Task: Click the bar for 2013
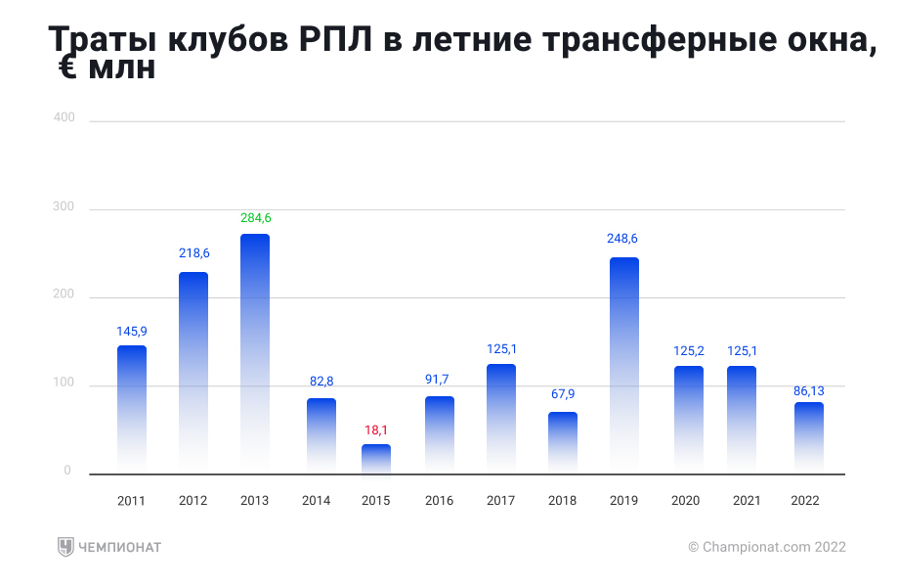(x=255, y=352)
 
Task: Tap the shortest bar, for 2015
(x=376, y=459)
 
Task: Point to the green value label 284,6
(x=256, y=218)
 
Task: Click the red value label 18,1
(x=376, y=429)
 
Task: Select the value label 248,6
(x=624, y=239)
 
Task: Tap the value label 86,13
(x=807, y=390)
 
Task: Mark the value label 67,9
(x=563, y=396)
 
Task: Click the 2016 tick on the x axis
(x=440, y=501)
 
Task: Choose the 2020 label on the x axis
(x=686, y=501)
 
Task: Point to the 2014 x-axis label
(x=317, y=501)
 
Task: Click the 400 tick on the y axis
(x=64, y=117)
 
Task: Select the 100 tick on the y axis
(x=64, y=383)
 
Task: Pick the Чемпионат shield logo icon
(x=65, y=547)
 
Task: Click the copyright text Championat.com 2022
(x=767, y=547)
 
